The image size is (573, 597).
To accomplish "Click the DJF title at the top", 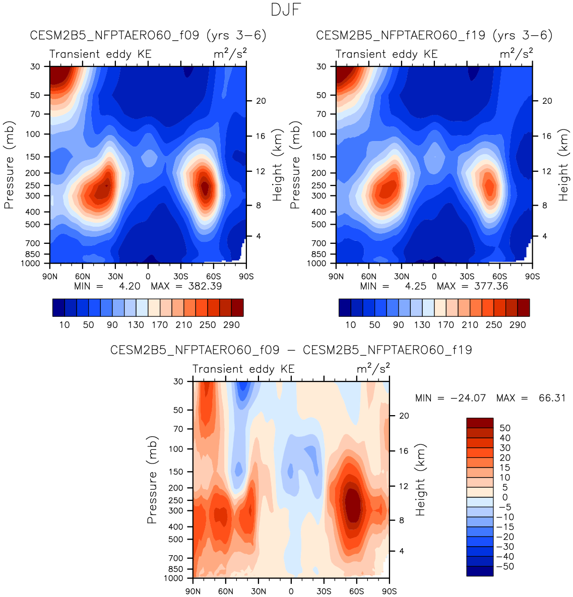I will click(286, 10).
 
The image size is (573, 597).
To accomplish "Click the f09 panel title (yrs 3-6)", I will click(148, 35).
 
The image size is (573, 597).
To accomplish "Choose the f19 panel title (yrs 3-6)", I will click(434, 35).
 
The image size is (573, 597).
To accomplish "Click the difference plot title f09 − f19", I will click(291, 350).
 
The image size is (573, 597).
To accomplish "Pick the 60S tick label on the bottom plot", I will click(356, 591).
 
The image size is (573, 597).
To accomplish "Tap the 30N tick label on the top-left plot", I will click(115, 276).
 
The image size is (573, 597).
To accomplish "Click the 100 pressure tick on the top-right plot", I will click(322, 134).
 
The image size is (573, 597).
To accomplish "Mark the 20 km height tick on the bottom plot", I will click(404, 416).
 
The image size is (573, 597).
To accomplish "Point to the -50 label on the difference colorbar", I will click(504, 566).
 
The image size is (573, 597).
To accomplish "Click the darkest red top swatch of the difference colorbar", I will click(480, 423).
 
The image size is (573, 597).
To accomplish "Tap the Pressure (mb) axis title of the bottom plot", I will click(152, 479).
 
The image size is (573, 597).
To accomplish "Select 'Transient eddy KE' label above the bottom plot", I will click(243, 369).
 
